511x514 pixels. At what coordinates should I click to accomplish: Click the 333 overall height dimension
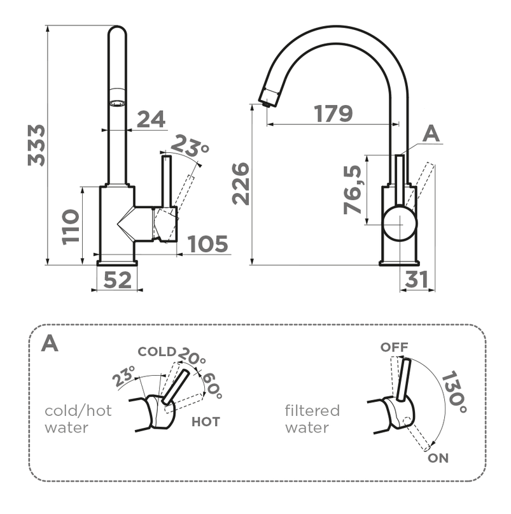tap(37, 145)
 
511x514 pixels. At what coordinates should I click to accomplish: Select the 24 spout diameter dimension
tap(151, 119)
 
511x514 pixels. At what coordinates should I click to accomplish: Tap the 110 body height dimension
tap(71, 226)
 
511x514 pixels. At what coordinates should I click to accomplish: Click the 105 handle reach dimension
tap(207, 243)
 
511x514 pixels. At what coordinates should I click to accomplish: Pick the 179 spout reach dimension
tap(333, 113)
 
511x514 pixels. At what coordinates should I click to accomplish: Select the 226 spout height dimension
tap(240, 183)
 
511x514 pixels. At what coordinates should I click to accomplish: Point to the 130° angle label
tap(453, 390)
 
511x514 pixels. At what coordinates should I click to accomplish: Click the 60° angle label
tap(211, 385)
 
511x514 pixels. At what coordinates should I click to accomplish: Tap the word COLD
tap(157, 352)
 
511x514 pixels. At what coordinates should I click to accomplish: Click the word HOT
tap(206, 422)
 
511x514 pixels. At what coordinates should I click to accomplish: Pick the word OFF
tap(394, 347)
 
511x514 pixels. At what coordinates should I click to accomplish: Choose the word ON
tap(438, 457)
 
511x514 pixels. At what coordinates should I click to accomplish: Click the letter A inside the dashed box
tap(49, 344)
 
